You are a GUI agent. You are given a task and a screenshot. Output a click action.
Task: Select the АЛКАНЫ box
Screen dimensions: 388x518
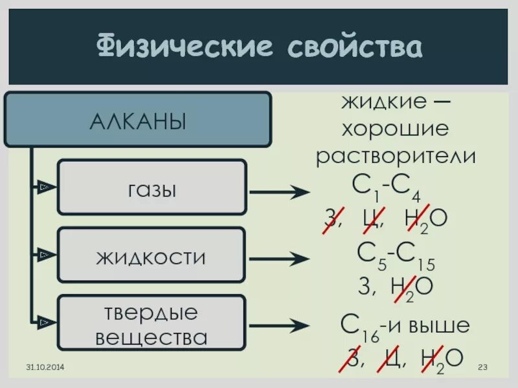coord(137,120)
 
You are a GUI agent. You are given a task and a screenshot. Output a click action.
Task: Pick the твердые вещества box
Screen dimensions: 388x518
coord(152,324)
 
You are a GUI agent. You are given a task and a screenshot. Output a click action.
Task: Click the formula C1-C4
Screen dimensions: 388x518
coord(387,188)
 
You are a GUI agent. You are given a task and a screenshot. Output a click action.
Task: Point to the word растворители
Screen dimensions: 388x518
coord(396,156)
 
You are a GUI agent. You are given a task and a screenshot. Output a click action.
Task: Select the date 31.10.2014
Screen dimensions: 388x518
coord(45,368)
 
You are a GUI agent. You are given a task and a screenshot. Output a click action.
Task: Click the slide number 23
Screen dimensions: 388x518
coord(482,368)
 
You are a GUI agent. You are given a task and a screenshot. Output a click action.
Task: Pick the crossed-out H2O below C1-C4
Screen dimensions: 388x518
coord(425,219)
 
